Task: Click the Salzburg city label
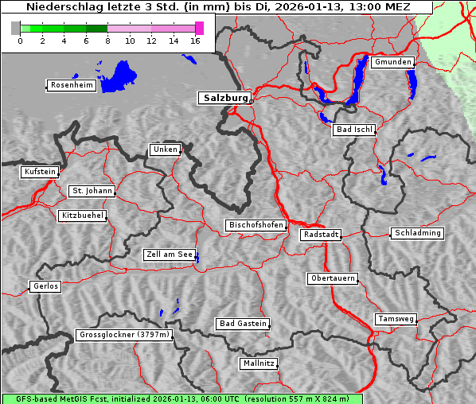point(224,98)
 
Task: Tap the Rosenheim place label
point(71,85)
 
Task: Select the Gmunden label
point(392,62)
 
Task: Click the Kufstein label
point(40,172)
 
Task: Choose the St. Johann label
point(92,191)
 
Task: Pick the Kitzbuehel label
point(83,216)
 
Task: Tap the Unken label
point(165,150)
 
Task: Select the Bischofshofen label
point(256,225)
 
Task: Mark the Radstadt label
point(321,235)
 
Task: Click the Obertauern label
point(332,278)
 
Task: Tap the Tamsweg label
point(396,319)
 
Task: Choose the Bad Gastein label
point(243,324)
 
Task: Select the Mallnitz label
point(259,363)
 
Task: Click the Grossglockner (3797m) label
point(124,335)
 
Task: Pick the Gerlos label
point(45,286)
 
